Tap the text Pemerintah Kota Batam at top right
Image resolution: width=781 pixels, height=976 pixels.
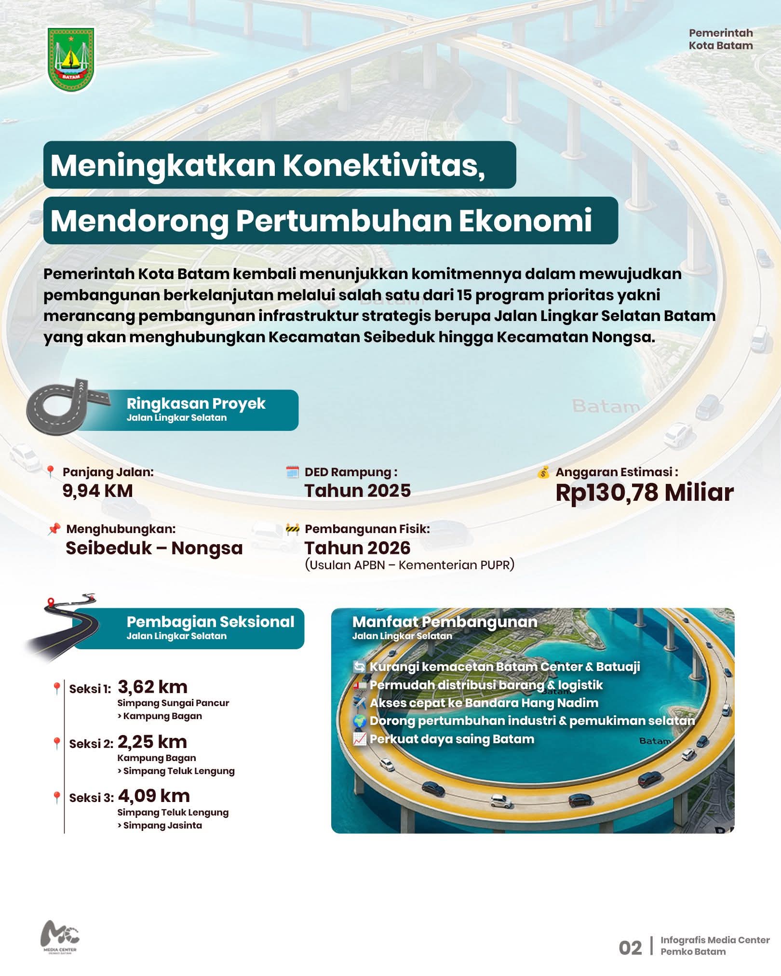(720, 40)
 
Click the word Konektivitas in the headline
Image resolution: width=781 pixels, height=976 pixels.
(383, 165)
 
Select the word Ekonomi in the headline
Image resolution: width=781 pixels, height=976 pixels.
(525, 221)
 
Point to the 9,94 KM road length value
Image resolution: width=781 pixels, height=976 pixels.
(97, 491)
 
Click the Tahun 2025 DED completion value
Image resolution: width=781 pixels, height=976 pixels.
(357, 491)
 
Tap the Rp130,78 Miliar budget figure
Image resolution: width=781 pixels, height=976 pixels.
(644, 493)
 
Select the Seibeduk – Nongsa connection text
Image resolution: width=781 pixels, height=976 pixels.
(154, 548)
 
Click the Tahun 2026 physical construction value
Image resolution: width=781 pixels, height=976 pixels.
(357, 548)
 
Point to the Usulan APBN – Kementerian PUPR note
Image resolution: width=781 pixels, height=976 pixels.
(409, 565)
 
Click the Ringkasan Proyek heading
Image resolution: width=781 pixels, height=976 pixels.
(196, 404)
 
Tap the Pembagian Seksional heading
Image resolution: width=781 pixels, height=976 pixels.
(210, 622)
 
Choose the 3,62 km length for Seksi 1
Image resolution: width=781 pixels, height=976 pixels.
(152, 686)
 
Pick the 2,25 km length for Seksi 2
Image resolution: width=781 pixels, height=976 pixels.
(152, 741)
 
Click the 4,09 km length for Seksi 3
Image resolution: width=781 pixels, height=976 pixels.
(154, 795)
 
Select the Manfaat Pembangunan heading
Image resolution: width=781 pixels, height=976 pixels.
(444, 622)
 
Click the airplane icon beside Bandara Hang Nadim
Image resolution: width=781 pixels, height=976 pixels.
(359, 703)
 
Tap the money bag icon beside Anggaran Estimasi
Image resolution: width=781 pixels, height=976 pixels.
(543, 472)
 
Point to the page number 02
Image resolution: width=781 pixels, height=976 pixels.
(630, 948)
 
